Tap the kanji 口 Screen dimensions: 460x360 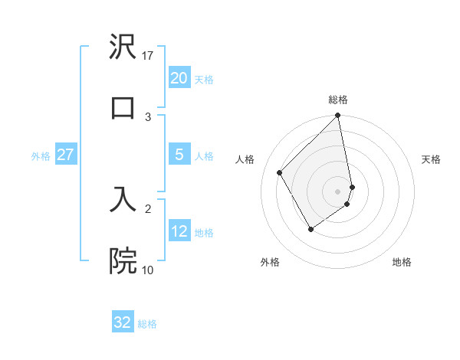point(123,106)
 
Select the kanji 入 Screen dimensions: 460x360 point(123,198)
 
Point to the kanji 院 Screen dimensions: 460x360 point(123,260)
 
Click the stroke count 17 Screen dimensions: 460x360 point(149,56)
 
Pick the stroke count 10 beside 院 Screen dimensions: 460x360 point(148,270)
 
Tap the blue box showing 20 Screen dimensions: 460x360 point(179,78)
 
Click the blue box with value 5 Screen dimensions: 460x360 point(179,155)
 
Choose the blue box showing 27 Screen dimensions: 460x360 point(65,155)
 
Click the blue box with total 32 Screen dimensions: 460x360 point(123,322)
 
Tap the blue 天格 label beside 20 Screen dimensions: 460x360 point(204,80)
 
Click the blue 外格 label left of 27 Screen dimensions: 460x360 point(41,156)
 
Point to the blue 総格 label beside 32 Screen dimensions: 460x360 point(147,324)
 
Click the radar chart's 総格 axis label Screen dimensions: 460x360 point(338,100)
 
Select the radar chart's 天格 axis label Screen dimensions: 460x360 point(432,159)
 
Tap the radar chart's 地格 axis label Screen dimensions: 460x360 point(402,262)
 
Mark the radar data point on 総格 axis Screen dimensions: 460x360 point(337,116)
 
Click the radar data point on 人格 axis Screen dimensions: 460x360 point(280,172)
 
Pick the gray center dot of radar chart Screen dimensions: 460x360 point(338,191)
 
